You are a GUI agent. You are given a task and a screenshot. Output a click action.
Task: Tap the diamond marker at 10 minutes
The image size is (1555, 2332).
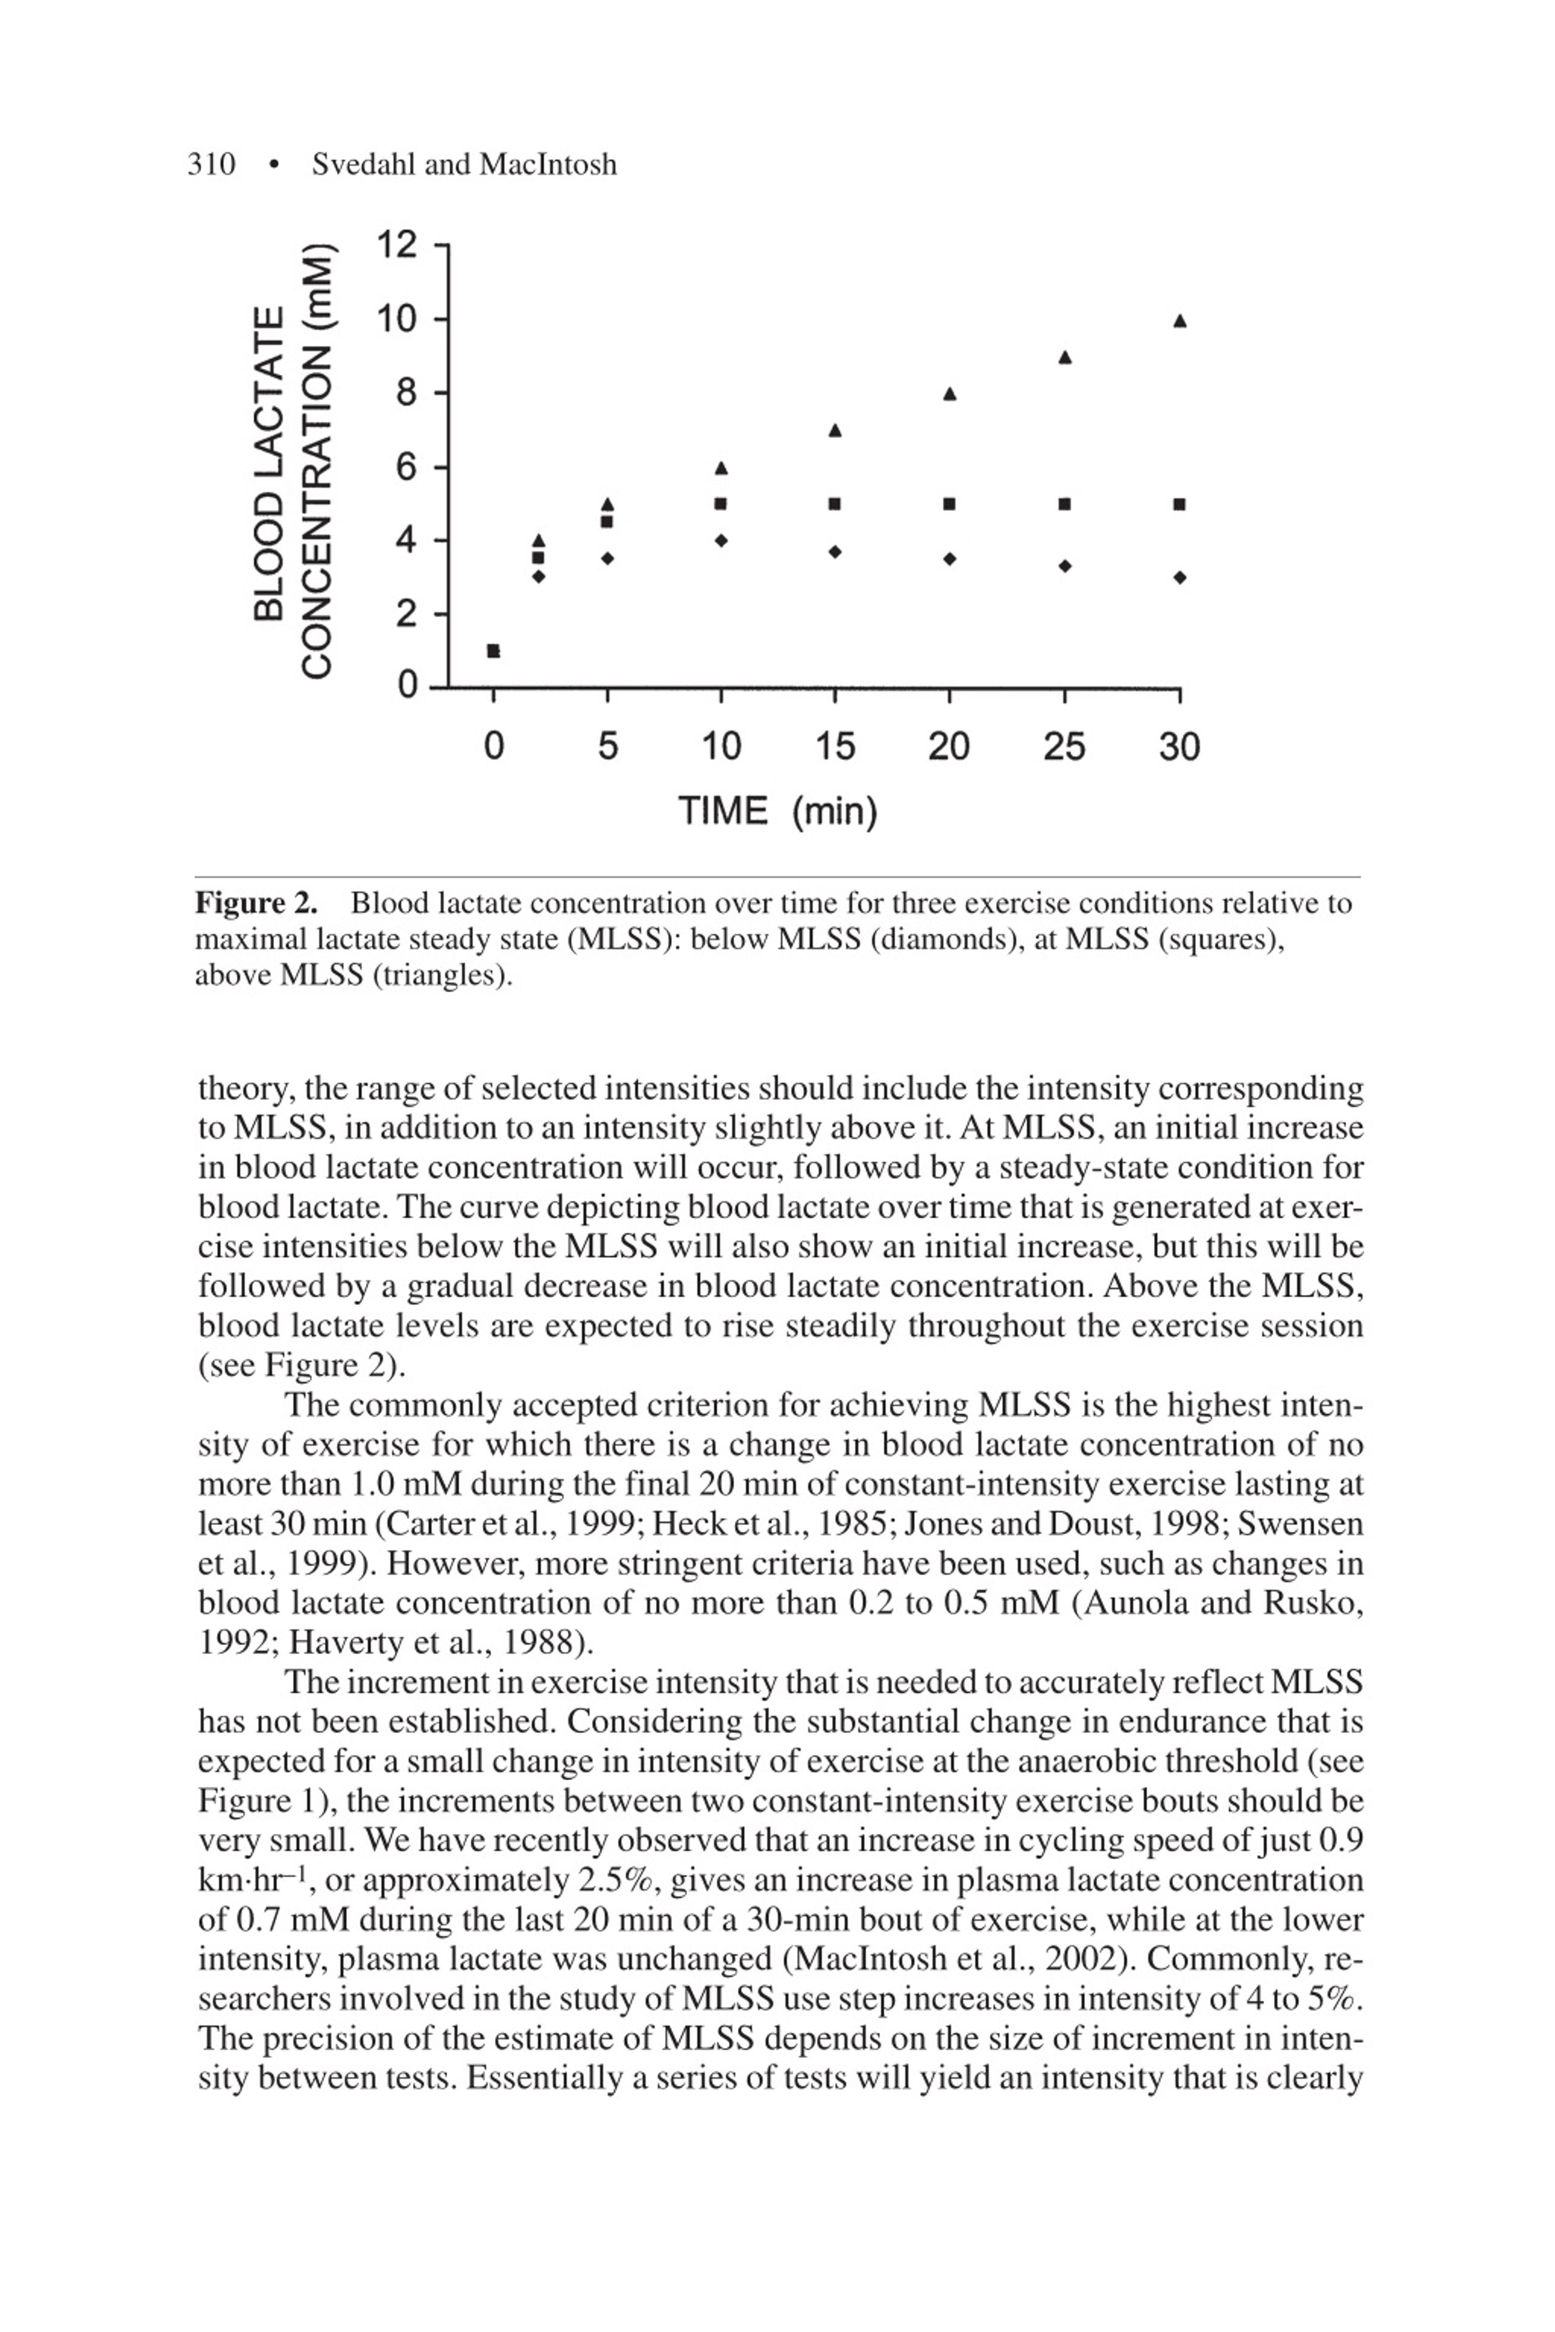coord(721,540)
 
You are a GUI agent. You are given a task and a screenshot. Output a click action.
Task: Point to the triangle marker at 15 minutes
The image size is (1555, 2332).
coord(835,431)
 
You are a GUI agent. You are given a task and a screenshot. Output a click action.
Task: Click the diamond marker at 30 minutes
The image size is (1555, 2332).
coord(1179,577)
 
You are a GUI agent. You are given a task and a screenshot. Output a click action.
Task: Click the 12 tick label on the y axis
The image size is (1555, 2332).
coord(398,244)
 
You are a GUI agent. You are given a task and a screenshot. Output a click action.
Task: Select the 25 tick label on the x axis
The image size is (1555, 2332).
coord(1064,746)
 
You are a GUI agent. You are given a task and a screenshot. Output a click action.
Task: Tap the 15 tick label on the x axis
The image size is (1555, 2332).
coord(835,746)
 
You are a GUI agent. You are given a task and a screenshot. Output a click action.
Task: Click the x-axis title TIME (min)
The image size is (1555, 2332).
coord(777,811)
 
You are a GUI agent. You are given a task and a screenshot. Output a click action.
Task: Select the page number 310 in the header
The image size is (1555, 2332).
coord(211,165)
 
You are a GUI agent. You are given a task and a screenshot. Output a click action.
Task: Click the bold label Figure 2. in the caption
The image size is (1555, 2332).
coord(256,903)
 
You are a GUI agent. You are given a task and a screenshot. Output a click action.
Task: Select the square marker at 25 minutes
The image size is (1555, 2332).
coord(1064,503)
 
